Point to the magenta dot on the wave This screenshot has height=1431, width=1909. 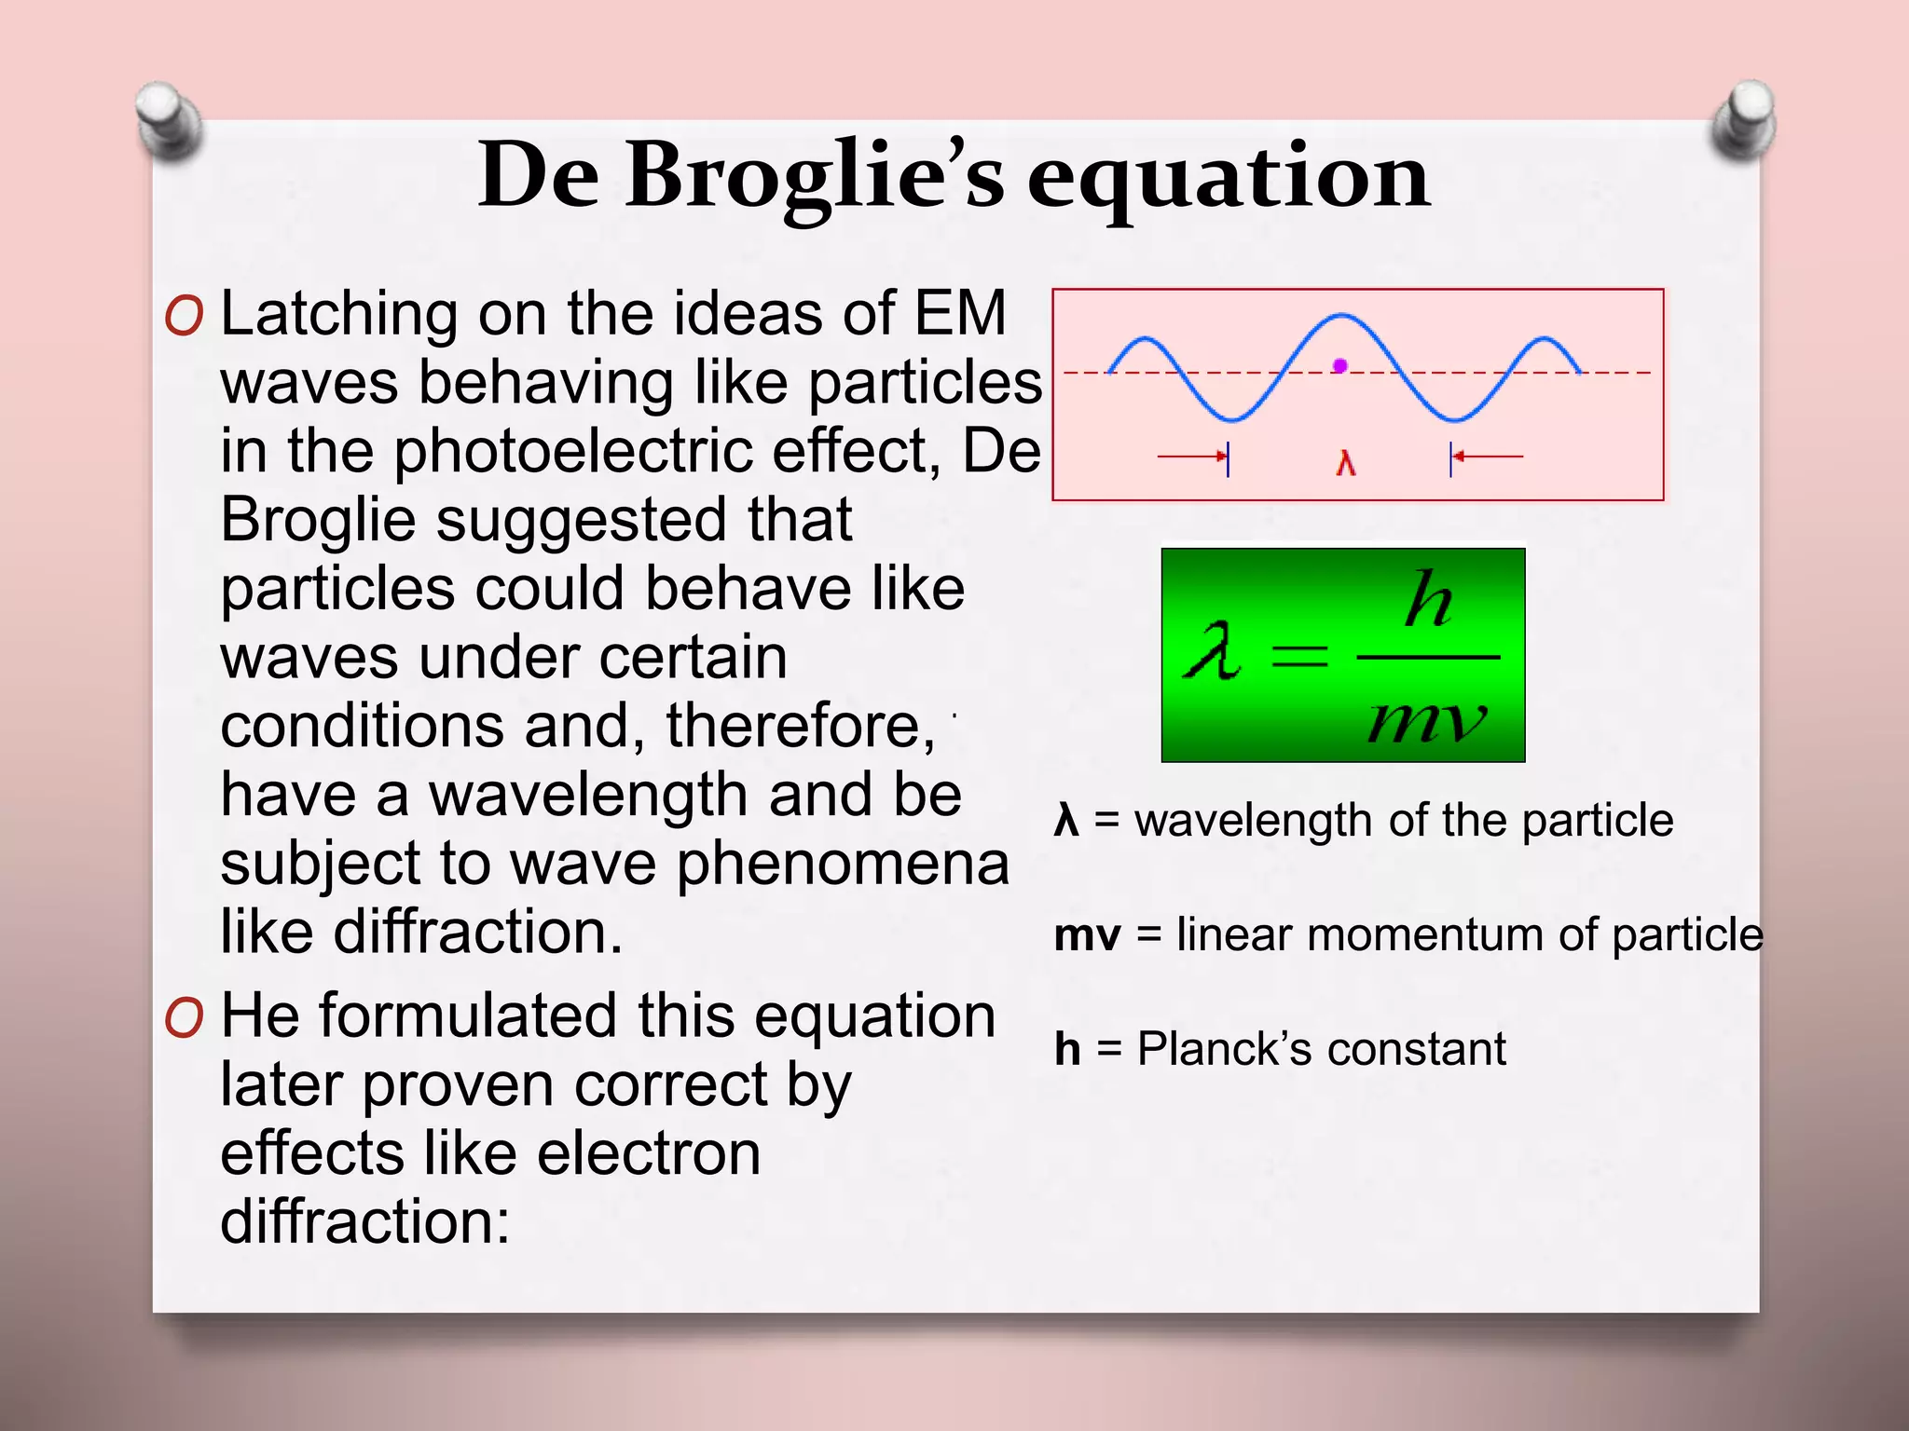1340,366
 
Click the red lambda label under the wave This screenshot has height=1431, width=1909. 1345,463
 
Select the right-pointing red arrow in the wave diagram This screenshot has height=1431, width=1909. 1191,457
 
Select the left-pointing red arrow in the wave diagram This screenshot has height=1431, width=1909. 1489,457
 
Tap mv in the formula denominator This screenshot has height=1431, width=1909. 1426,720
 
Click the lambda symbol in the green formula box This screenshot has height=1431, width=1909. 1212,652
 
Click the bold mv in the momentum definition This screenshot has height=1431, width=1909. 1087,934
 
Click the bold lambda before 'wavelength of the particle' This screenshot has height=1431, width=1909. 1066,821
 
